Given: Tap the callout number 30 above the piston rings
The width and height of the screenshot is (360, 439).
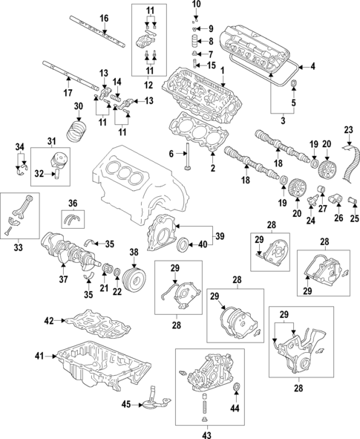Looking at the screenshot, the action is click(x=79, y=106).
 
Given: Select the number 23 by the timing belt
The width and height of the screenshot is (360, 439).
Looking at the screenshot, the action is click(x=349, y=130).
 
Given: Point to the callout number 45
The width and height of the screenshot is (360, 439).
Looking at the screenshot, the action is click(x=126, y=404).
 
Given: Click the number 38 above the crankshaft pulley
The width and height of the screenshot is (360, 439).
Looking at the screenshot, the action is click(x=134, y=253).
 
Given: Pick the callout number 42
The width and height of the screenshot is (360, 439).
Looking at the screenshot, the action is click(x=49, y=321).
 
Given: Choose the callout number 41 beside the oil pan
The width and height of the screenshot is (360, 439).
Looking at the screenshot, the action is click(x=39, y=356).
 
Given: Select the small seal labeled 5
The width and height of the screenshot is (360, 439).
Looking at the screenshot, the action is click(x=293, y=84).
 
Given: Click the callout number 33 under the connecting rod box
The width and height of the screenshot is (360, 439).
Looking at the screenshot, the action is click(x=18, y=247).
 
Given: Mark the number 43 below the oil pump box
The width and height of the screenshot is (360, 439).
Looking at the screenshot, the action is click(x=207, y=435).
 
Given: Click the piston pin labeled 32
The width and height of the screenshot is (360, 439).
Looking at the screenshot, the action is click(x=56, y=174).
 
